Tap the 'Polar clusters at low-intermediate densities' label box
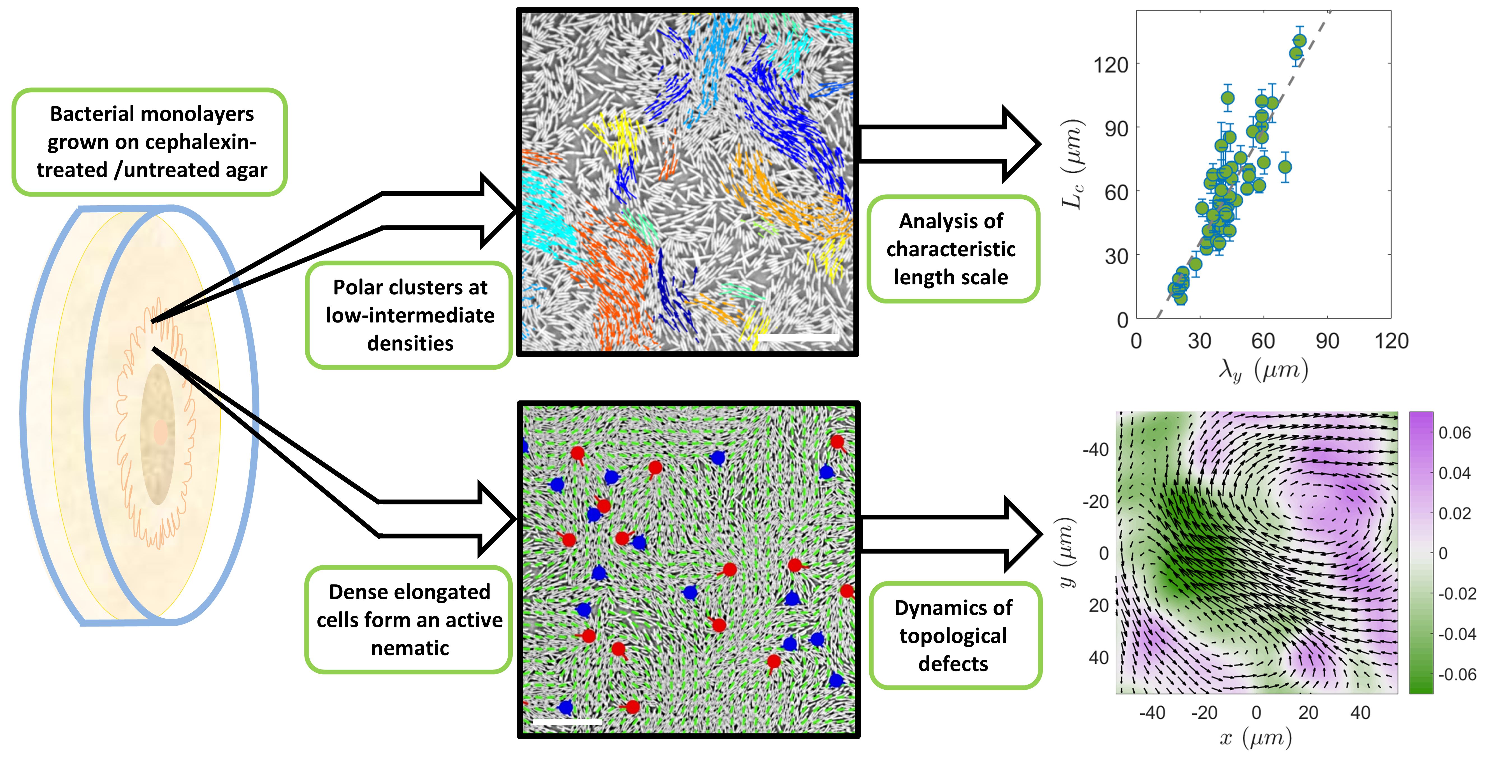410,315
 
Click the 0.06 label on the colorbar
1454,433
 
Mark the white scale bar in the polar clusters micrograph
798,337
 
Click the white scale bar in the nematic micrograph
566,722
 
